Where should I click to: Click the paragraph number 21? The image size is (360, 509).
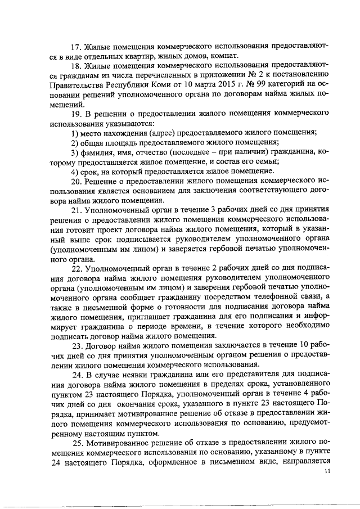[x=76, y=210]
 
